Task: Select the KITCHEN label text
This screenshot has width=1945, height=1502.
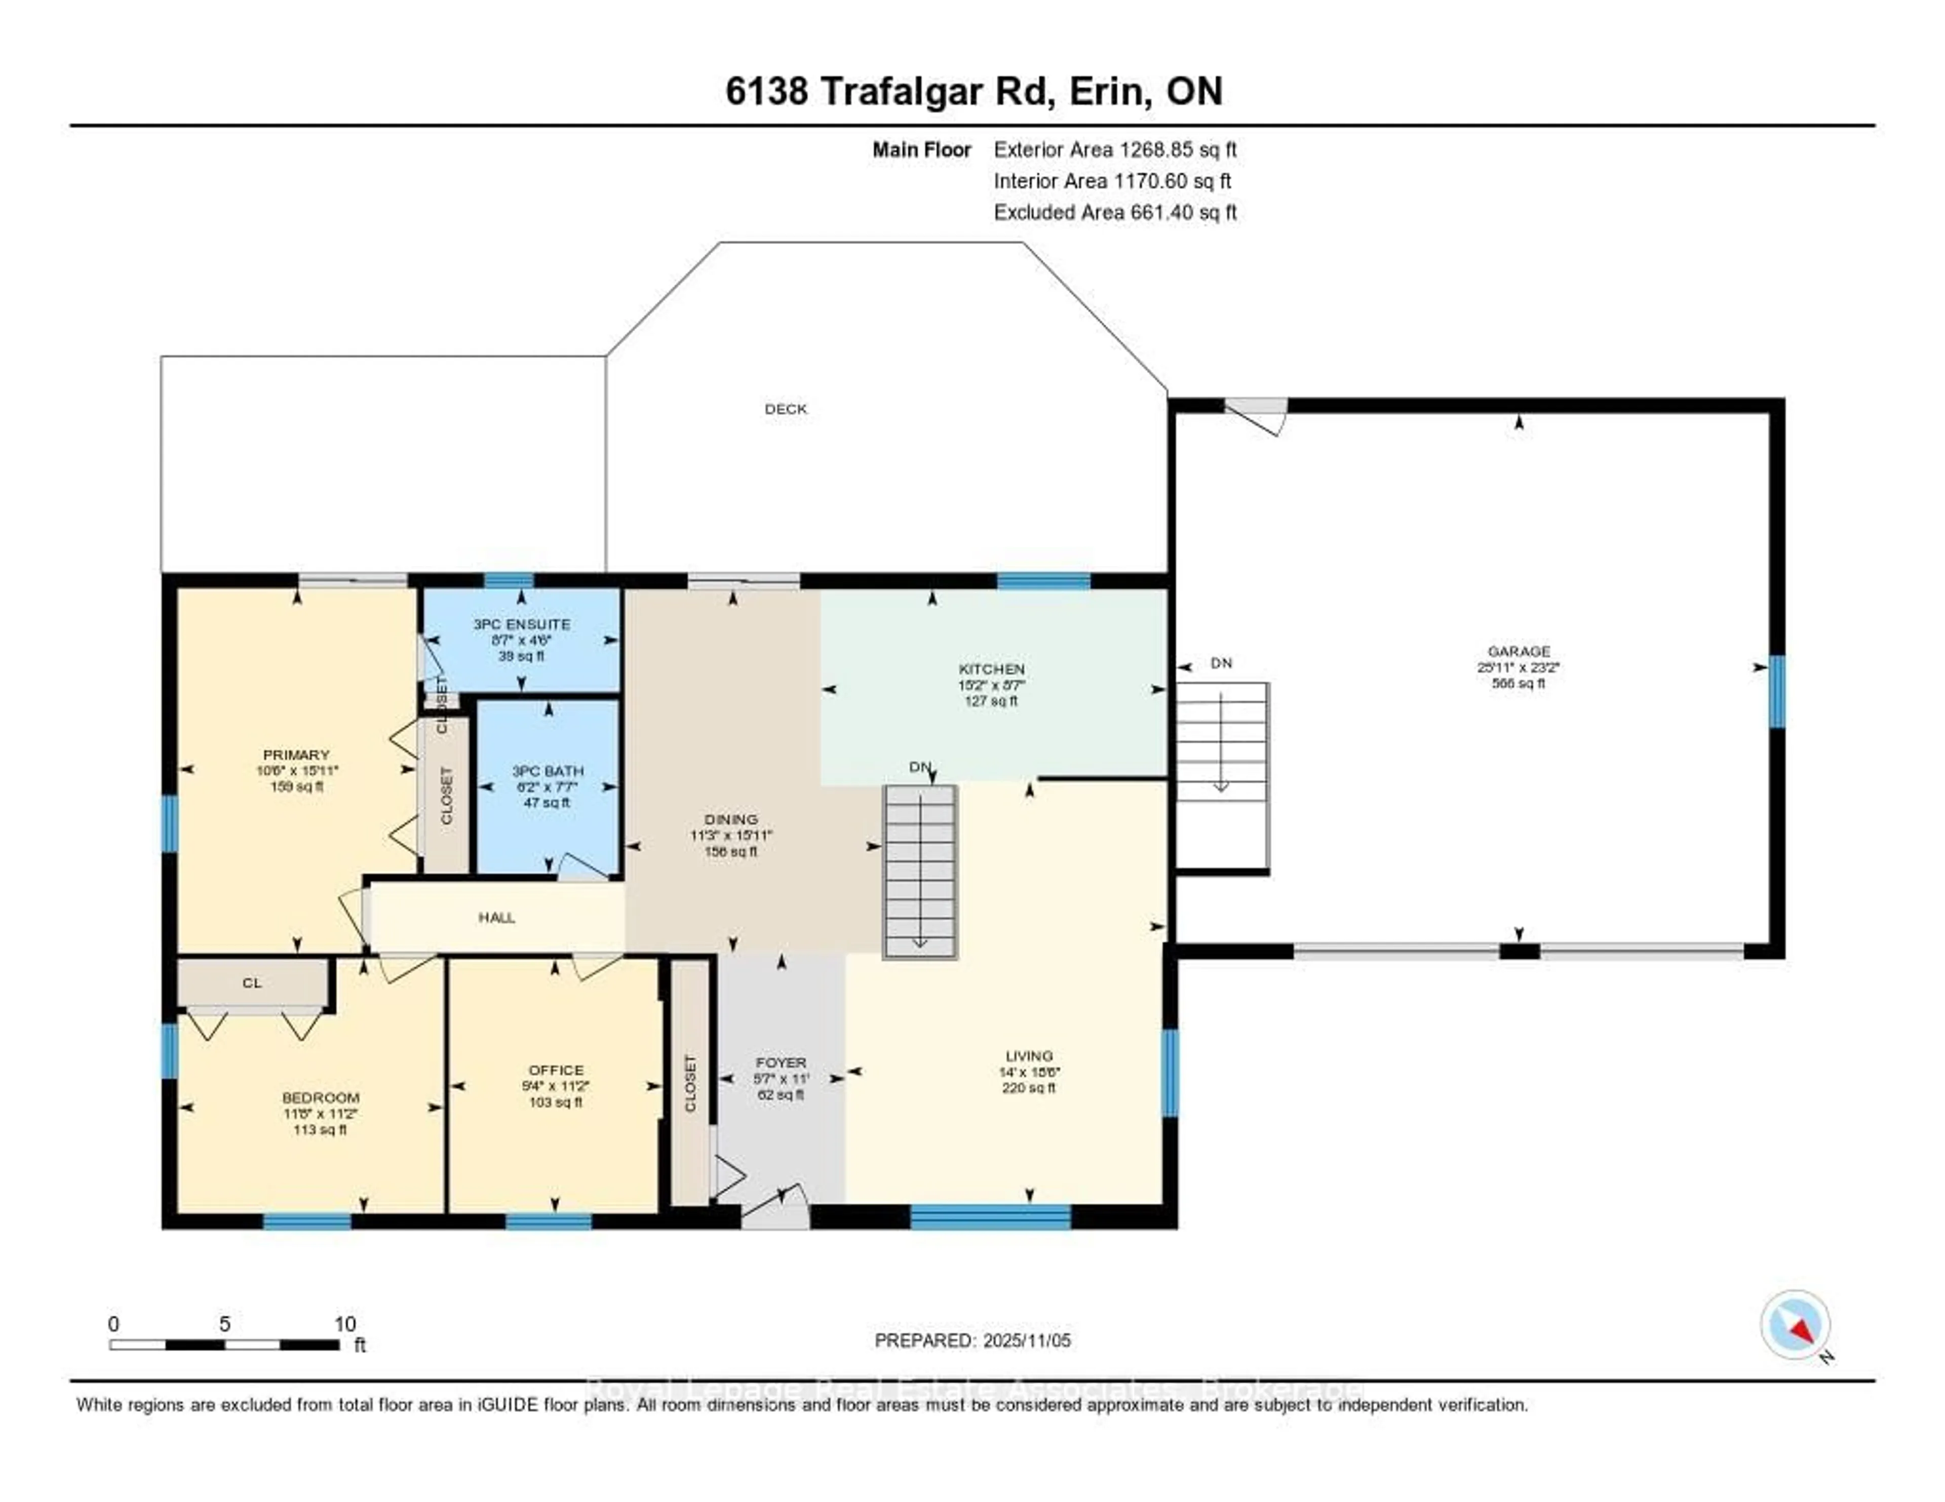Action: pyautogui.click(x=991, y=668)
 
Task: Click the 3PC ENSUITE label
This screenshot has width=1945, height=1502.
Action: pyautogui.click(x=521, y=624)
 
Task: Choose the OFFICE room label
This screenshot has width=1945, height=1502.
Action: pyautogui.click(x=556, y=1070)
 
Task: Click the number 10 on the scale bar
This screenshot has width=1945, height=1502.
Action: pyautogui.click(x=344, y=1324)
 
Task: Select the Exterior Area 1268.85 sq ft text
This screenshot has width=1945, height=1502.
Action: pyautogui.click(x=1115, y=149)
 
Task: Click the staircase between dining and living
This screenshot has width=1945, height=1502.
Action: pyautogui.click(x=920, y=873)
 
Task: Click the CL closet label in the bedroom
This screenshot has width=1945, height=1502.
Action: pyautogui.click(x=252, y=983)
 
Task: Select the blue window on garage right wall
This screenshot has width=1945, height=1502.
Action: pyautogui.click(x=1777, y=692)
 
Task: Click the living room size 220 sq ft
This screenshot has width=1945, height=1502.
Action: pyautogui.click(x=1029, y=1088)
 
